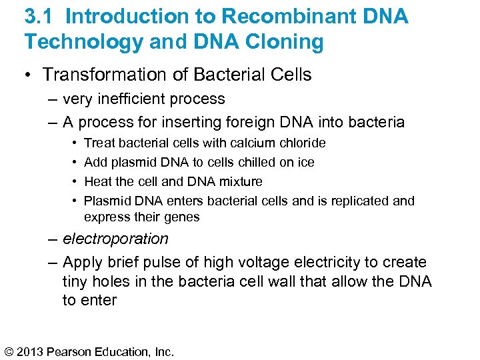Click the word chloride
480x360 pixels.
point(302,143)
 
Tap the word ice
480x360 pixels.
point(306,162)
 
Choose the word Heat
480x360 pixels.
point(98,181)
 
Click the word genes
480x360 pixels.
point(182,217)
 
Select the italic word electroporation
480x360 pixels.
point(115,239)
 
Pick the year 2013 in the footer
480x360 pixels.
point(33,351)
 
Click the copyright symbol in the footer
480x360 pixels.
point(9,351)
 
